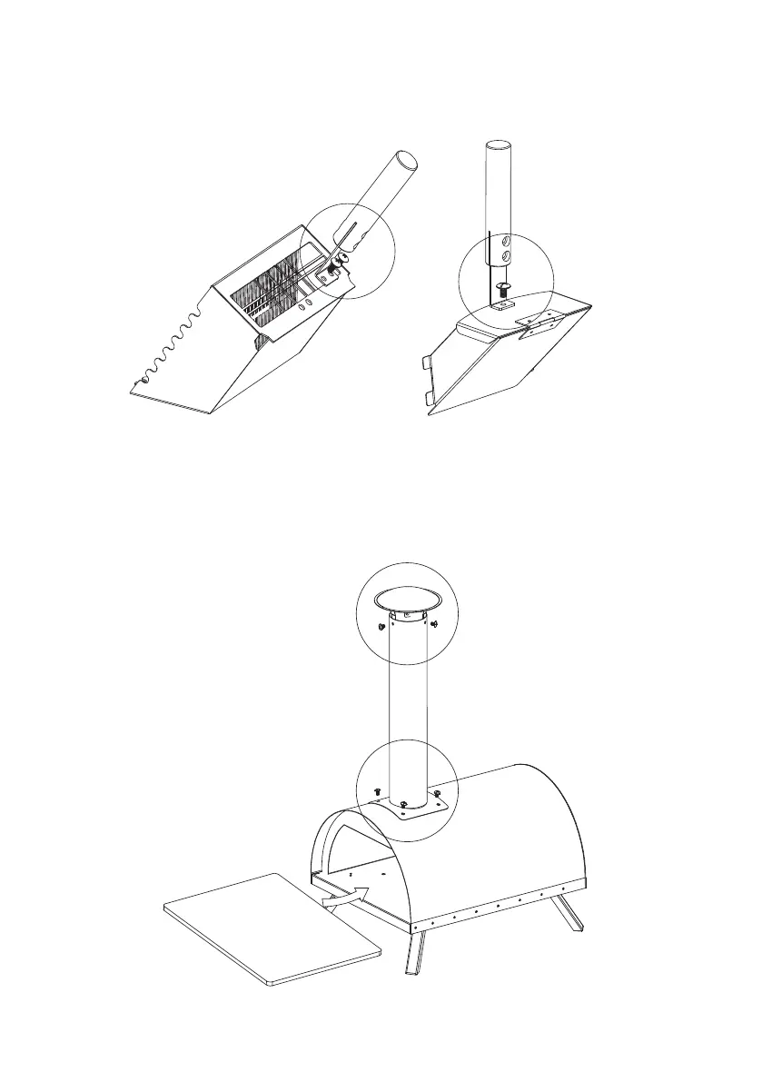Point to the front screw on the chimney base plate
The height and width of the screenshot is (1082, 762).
tap(402, 804)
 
